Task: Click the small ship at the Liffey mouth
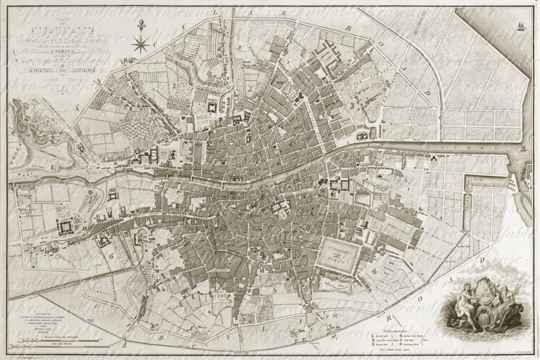pyautogui.click(x=523, y=148)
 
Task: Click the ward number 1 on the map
pyautogui.click(x=174, y=85)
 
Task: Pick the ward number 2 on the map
pyautogui.click(x=250, y=89)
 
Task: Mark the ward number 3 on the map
pyautogui.click(x=353, y=106)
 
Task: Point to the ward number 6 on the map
pyautogui.click(x=111, y=256)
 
